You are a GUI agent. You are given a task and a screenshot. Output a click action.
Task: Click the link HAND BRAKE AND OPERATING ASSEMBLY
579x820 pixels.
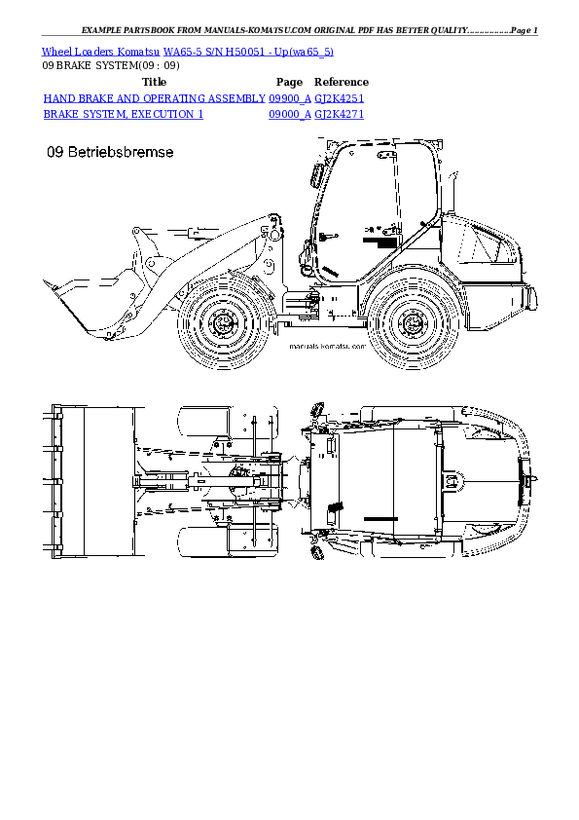pyautogui.click(x=155, y=98)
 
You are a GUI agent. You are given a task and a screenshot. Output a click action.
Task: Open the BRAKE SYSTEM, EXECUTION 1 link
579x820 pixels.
pyautogui.click(x=124, y=114)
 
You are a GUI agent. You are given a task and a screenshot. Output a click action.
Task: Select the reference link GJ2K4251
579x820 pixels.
pyautogui.click(x=341, y=98)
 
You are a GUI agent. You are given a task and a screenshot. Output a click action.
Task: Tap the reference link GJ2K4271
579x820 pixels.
pyautogui.click(x=341, y=114)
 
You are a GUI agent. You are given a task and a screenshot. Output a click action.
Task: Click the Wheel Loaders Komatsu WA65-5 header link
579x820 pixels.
pyautogui.click(x=188, y=51)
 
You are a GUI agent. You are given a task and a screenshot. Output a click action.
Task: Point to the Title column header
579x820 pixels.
pyautogui.click(x=155, y=82)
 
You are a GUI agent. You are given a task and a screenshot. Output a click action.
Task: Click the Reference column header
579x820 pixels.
pyautogui.click(x=341, y=82)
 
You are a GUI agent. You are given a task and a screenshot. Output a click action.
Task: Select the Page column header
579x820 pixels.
pyautogui.click(x=290, y=82)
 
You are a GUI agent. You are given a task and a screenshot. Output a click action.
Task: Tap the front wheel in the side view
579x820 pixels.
pyautogui.click(x=223, y=322)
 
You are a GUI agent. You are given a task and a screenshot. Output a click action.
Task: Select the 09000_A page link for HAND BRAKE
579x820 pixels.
pyautogui.click(x=290, y=98)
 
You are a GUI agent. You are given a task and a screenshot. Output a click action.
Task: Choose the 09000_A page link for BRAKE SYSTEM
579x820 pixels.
pyautogui.click(x=290, y=114)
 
